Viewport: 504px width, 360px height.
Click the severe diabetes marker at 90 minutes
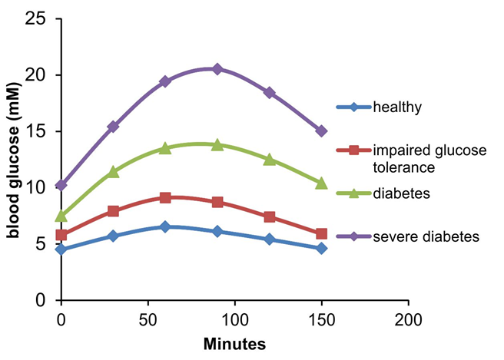[x=217, y=69]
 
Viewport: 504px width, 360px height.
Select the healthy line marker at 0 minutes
[x=61, y=249]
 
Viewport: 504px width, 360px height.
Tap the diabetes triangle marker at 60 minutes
[x=165, y=148]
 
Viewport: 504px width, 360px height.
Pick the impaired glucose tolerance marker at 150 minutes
[x=321, y=233]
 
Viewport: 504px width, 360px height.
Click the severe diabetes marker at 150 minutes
[x=321, y=131]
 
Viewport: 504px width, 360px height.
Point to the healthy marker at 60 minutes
[x=165, y=226]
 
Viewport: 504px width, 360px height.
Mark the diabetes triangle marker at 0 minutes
[x=61, y=216]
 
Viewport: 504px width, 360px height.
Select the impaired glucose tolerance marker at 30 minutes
[x=113, y=210]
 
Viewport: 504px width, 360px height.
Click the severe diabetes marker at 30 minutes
[x=113, y=126]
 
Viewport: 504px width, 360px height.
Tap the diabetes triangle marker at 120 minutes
[x=269, y=159]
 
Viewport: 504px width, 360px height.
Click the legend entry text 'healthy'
[x=396, y=107]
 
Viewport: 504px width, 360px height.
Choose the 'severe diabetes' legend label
[x=426, y=236]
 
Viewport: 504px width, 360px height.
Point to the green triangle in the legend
[x=353, y=193]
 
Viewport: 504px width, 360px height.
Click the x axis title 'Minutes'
[x=234, y=344]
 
